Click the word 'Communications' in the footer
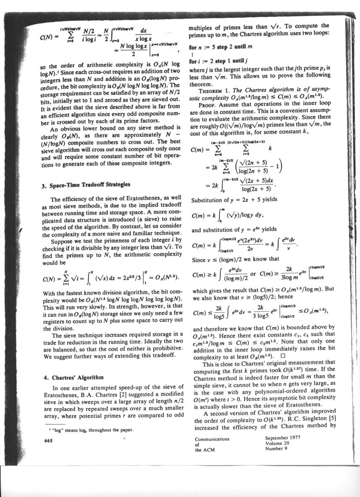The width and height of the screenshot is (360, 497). (x=212, y=439)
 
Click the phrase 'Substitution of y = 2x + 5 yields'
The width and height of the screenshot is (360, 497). (x=231, y=200)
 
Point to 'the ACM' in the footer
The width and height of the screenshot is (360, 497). (x=203, y=450)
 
